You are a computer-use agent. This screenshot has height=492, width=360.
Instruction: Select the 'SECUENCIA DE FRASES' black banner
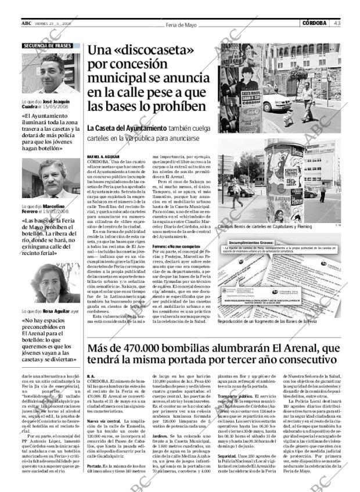(48, 45)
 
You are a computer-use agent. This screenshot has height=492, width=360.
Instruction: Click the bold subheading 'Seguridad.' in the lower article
(226, 457)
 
